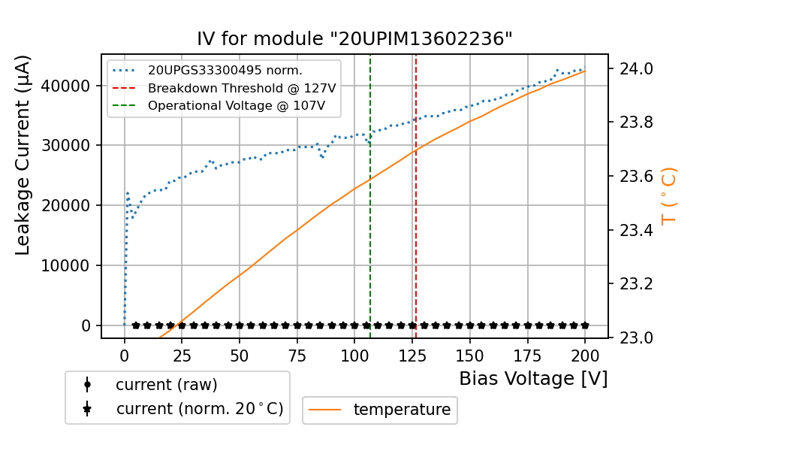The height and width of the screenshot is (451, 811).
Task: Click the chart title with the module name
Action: pyautogui.click(x=354, y=39)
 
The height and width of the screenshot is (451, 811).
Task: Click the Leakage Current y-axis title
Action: pyautogui.click(x=23, y=155)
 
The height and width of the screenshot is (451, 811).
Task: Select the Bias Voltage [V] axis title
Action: pyautogui.click(x=533, y=379)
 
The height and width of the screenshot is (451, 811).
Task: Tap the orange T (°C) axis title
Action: pyautogui.click(x=669, y=195)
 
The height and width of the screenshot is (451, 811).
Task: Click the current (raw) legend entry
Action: pyautogui.click(x=166, y=385)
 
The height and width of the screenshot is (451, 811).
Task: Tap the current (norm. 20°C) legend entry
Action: pyautogui.click(x=199, y=410)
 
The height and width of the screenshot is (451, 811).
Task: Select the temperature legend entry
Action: pyautogui.click(x=402, y=410)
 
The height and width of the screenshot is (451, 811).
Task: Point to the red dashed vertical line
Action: pyautogui.click(x=416, y=225)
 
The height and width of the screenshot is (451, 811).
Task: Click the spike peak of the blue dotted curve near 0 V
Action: pyautogui.click(x=127, y=193)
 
